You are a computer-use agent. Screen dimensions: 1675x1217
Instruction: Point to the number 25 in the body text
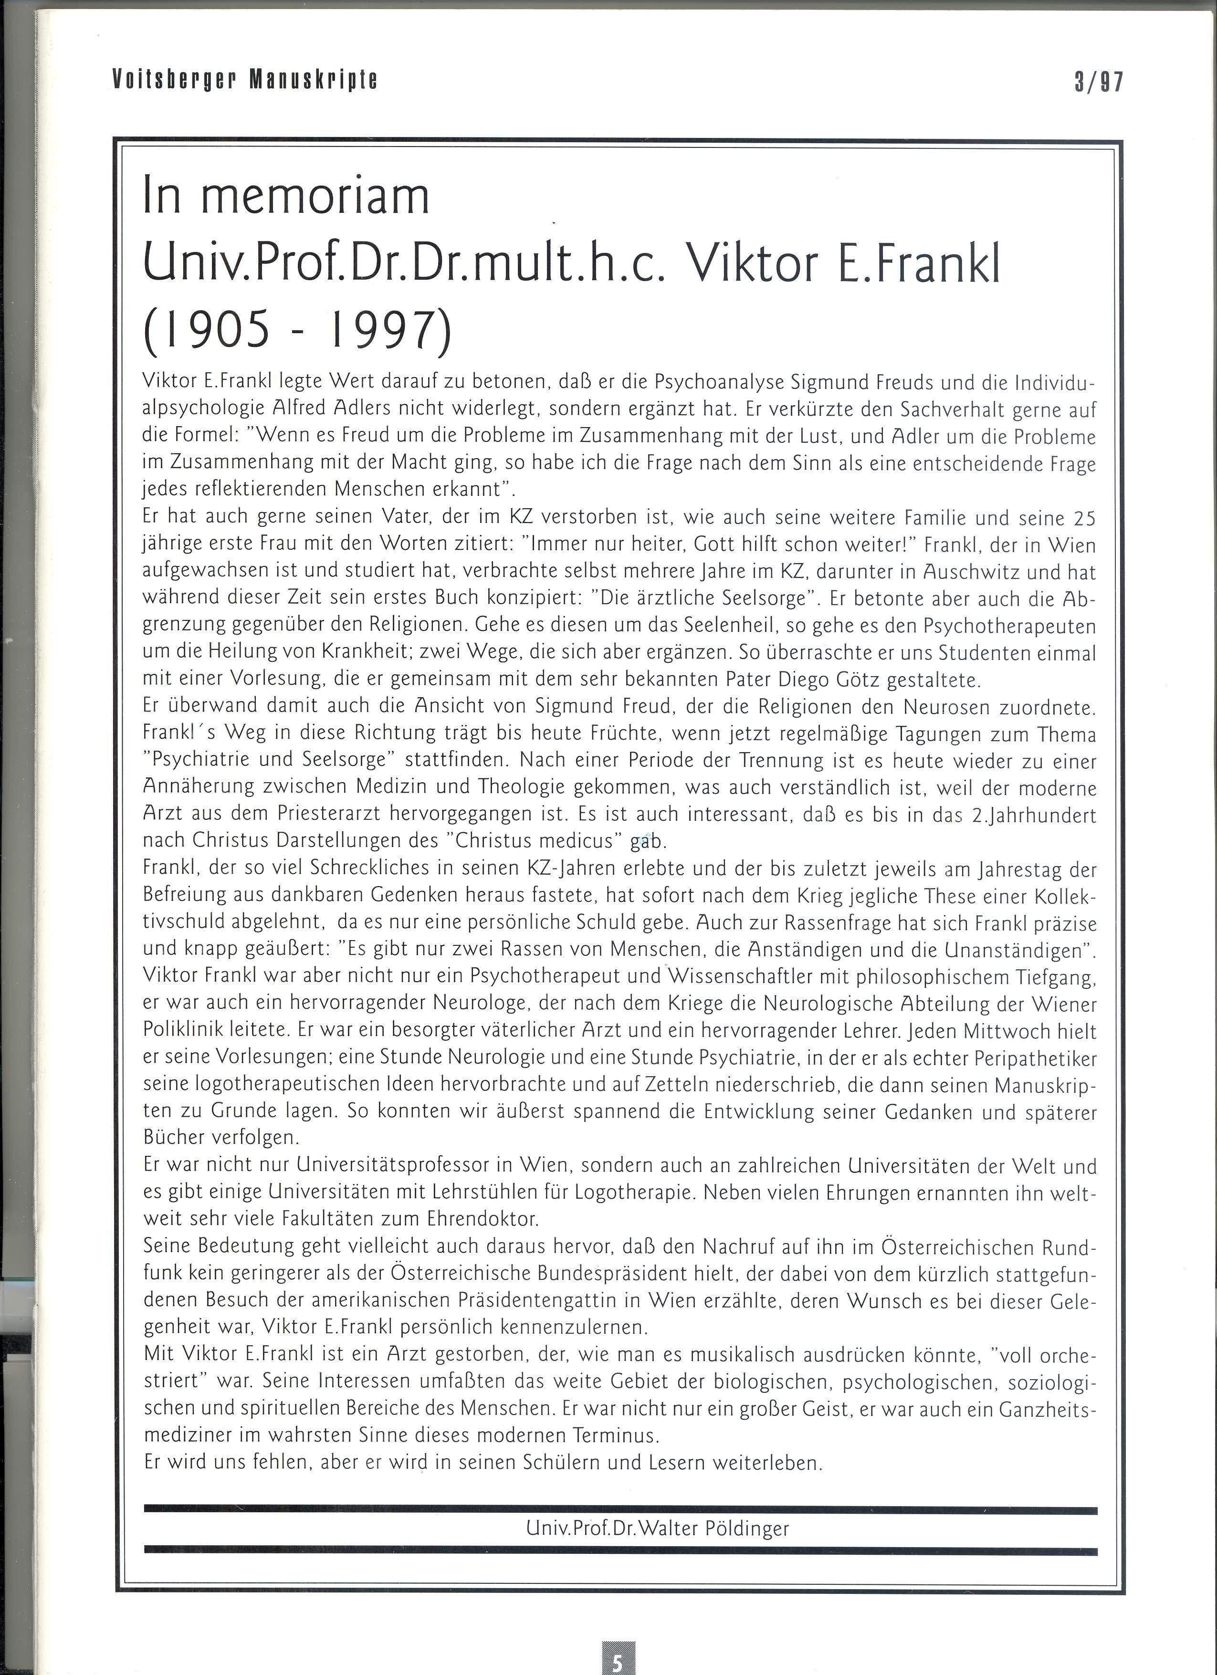tap(1083, 518)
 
